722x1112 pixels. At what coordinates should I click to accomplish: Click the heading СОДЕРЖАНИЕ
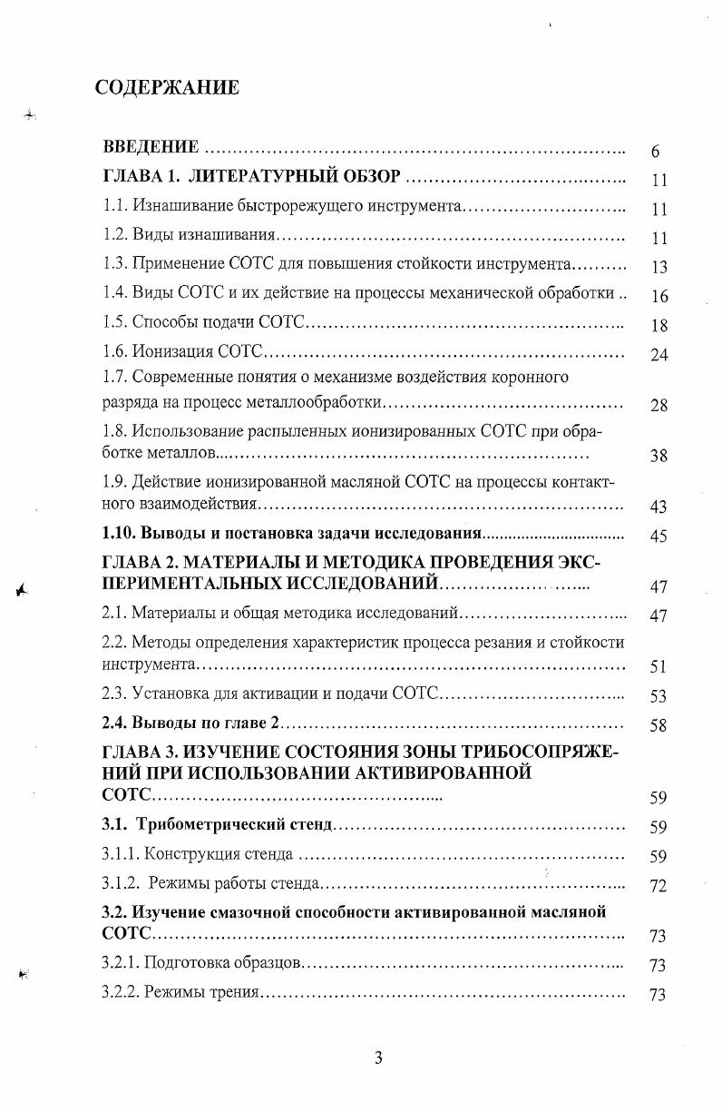(x=167, y=87)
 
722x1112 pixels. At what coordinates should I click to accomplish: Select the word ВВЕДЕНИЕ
(x=151, y=147)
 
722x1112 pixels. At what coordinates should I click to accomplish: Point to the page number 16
(x=659, y=296)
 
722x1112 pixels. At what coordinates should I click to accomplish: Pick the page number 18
(x=659, y=325)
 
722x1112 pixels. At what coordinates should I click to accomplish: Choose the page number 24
(x=659, y=354)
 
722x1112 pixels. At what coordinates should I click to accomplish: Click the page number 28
(x=659, y=405)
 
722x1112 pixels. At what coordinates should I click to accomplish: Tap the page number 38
(x=659, y=456)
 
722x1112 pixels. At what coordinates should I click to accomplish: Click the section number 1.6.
(x=114, y=351)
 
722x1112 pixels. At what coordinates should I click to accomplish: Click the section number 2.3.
(x=114, y=694)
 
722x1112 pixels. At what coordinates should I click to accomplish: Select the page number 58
(x=659, y=725)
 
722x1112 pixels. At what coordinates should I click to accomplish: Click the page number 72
(x=659, y=885)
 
